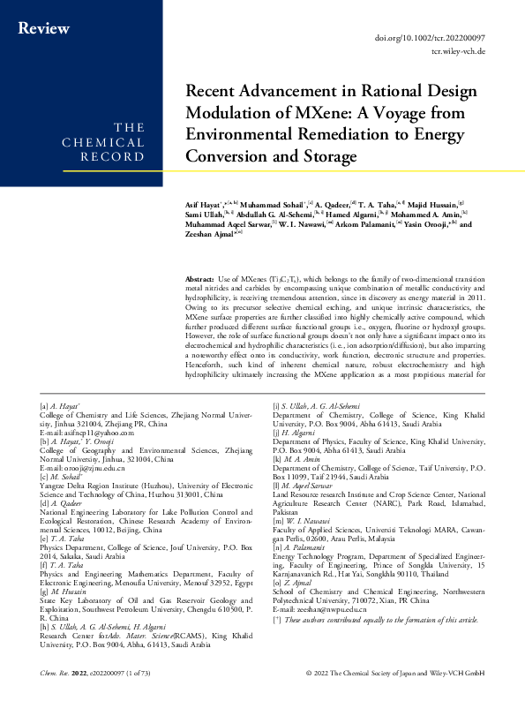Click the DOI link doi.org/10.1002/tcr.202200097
[x=449, y=39]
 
